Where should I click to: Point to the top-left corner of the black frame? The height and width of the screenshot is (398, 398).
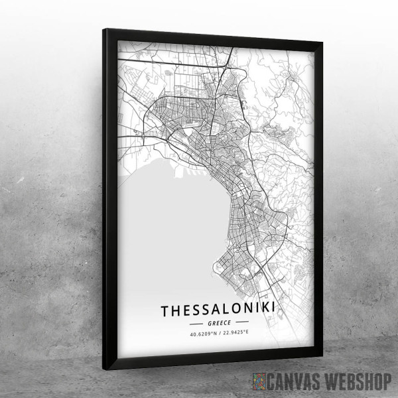point(105,30)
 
